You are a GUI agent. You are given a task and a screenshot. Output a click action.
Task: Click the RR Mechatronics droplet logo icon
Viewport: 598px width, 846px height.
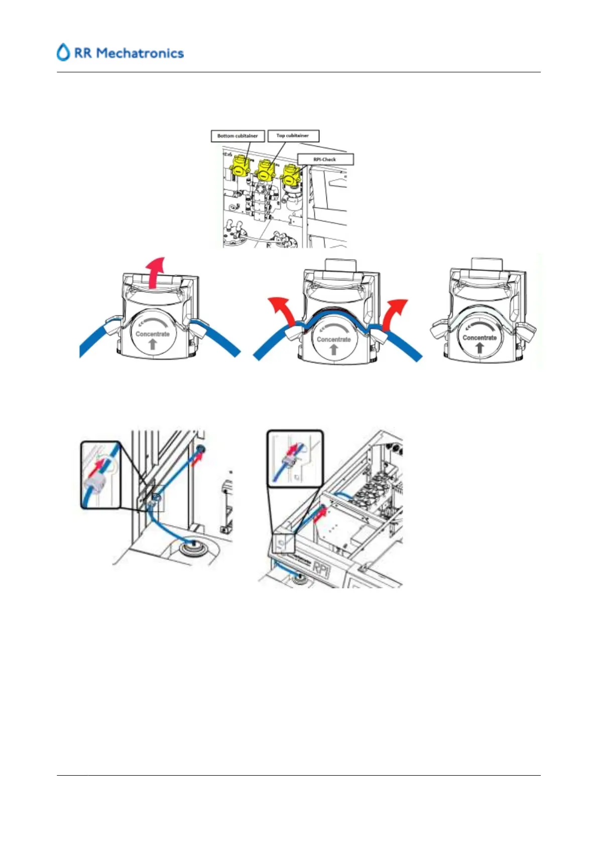(63, 52)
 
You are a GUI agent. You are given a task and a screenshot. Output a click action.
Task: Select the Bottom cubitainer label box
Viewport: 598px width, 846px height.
(237, 136)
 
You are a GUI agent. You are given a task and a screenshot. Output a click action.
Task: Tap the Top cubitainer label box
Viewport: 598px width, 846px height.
(293, 136)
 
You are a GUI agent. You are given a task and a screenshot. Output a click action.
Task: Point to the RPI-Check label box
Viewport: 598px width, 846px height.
(325, 159)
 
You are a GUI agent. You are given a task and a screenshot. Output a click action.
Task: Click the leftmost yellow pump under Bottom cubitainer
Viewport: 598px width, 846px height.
(237, 169)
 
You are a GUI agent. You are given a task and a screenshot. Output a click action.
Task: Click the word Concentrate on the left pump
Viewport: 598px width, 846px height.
(153, 334)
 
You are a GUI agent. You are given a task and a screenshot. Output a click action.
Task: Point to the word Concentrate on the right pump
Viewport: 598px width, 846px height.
(480, 338)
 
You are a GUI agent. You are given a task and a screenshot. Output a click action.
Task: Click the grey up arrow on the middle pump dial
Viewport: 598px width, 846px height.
(334, 349)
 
